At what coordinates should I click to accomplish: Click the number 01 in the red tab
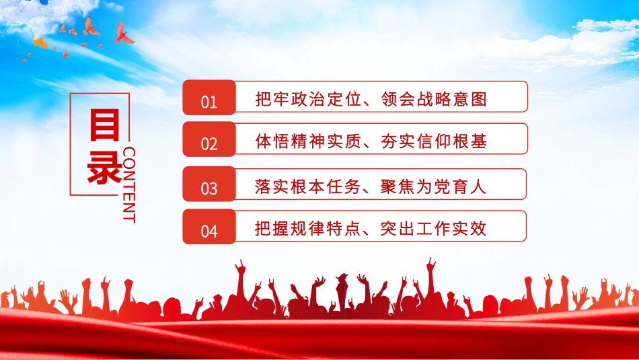pos(209,102)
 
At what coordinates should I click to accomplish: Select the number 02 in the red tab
pos(209,143)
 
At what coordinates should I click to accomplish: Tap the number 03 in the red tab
pos(209,188)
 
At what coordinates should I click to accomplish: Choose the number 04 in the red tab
pos(209,231)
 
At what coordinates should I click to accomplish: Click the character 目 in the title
pos(104,127)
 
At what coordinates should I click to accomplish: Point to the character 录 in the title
pos(104,168)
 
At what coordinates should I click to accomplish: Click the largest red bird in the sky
pos(123,33)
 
